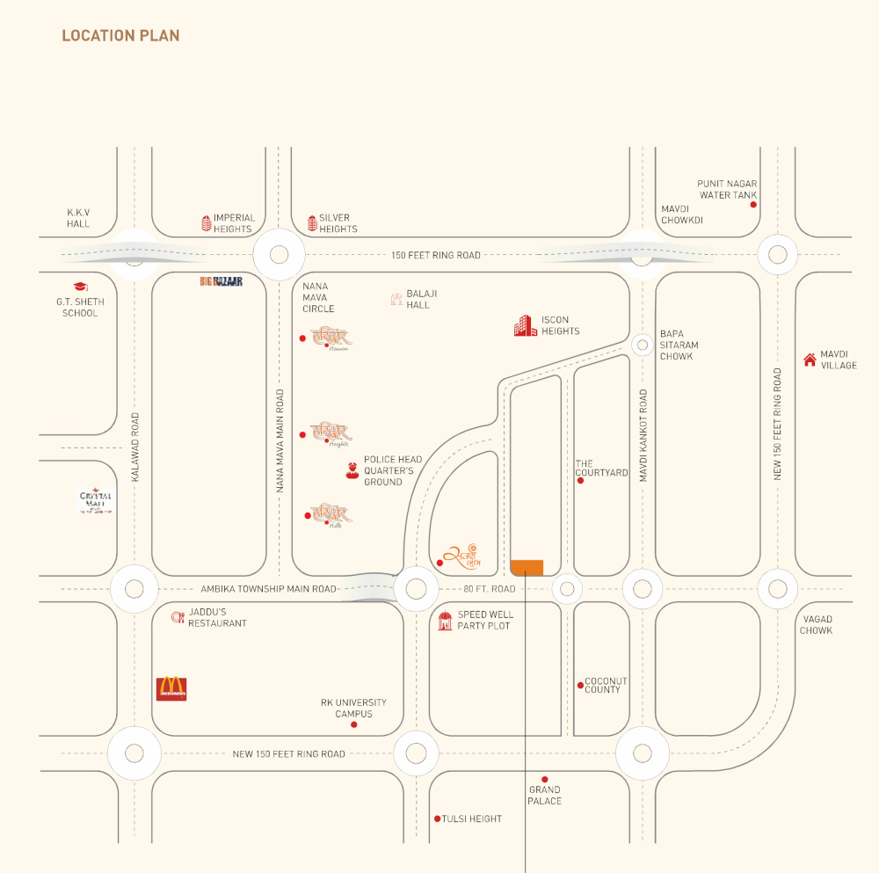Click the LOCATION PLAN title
tap(120, 36)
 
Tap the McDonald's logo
tap(171, 687)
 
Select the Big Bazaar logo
tap(221, 281)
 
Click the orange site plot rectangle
tap(527, 567)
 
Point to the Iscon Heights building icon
tap(525, 325)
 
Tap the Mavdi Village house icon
tap(810, 359)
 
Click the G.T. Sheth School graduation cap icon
tap(80, 287)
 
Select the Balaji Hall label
tap(418, 299)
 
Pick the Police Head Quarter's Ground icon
tap(352, 471)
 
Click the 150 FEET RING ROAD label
tap(436, 255)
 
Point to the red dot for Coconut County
tap(580, 685)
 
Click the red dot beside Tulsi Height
tap(437, 818)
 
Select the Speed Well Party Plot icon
tap(445, 621)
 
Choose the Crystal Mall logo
tap(96, 501)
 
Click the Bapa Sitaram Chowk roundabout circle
tap(643, 344)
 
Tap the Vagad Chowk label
tap(816, 625)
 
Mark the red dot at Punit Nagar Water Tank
tap(753, 205)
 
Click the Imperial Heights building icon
tap(207, 223)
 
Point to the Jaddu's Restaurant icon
tap(177, 617)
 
